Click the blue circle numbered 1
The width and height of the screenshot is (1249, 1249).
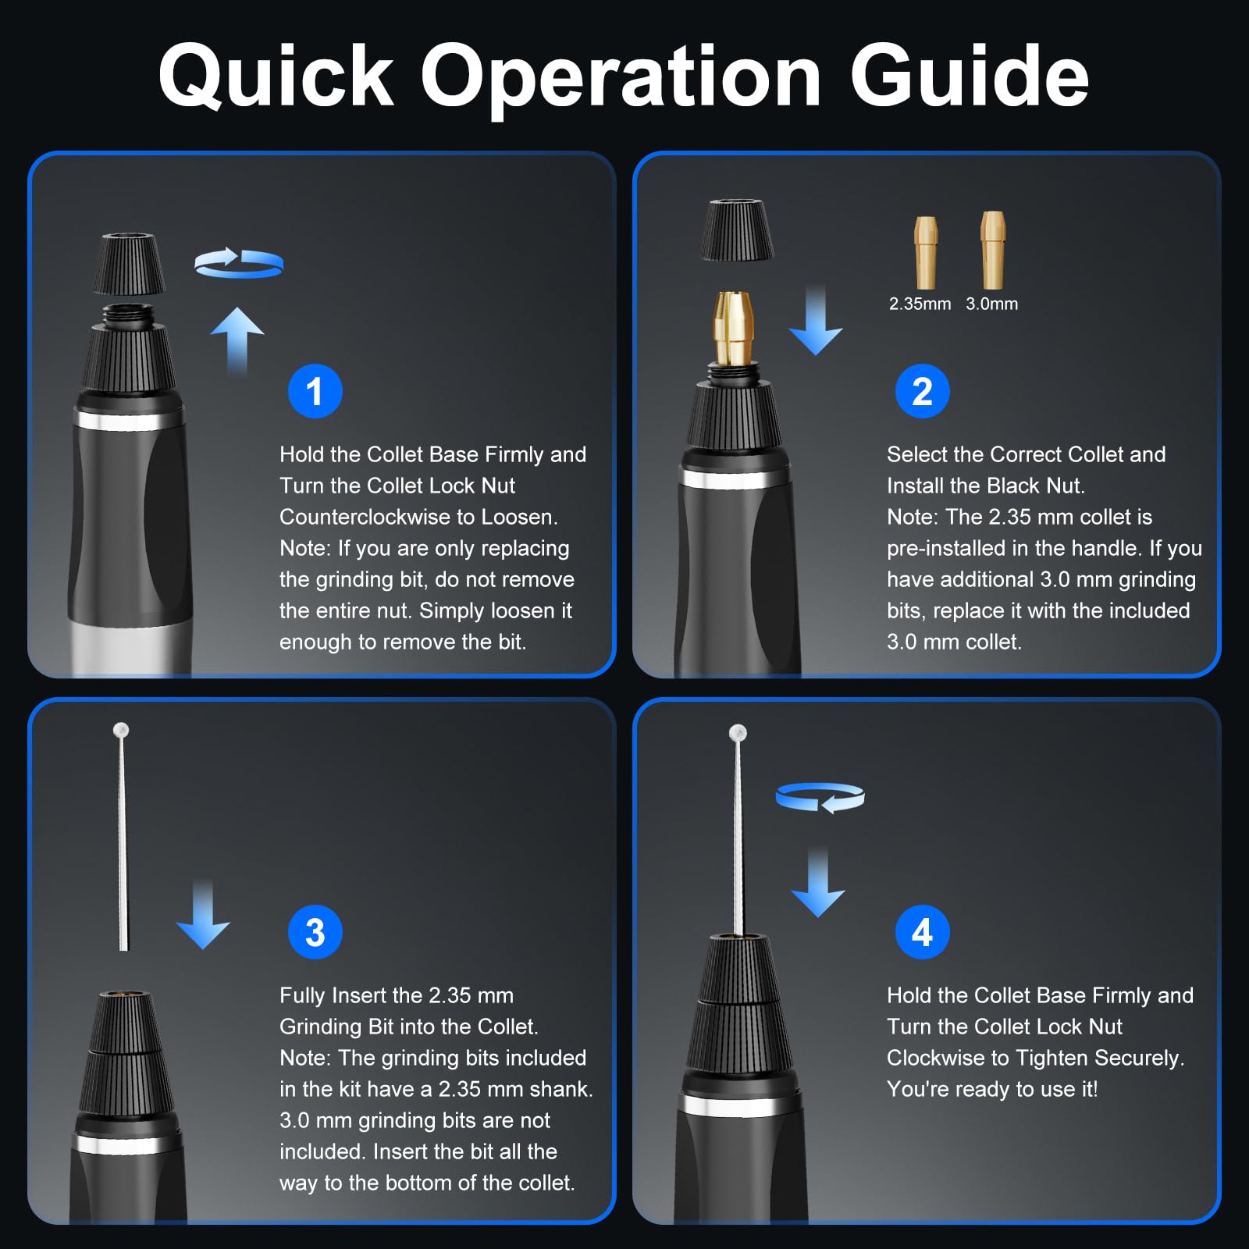click(x=315, y=391)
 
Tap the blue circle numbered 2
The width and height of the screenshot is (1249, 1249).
click(x=922, y=391)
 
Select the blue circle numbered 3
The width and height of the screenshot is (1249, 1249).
click(x=315, y=932)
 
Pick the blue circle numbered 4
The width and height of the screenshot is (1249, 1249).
click(x=922, y=932)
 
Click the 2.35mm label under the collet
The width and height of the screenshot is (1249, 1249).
click(x=920, y=304)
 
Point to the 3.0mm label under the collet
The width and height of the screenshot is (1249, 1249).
click(x=991, y=304)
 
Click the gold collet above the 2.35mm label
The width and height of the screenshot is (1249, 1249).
click(x=926, y=252)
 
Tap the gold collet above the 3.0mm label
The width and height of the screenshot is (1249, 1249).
click(x=993, y=250)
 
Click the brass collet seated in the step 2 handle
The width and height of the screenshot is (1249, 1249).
click(x=733, y=328)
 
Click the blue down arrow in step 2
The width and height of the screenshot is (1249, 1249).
click(x=816, y=320)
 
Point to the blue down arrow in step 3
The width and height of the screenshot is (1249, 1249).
click(x=203, y=914)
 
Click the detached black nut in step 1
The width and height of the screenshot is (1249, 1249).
click(x=129, y=264)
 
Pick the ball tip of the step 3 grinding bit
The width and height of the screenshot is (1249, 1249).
click(x=120, y=730)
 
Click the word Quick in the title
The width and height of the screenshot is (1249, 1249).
click(x=276, y=77)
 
